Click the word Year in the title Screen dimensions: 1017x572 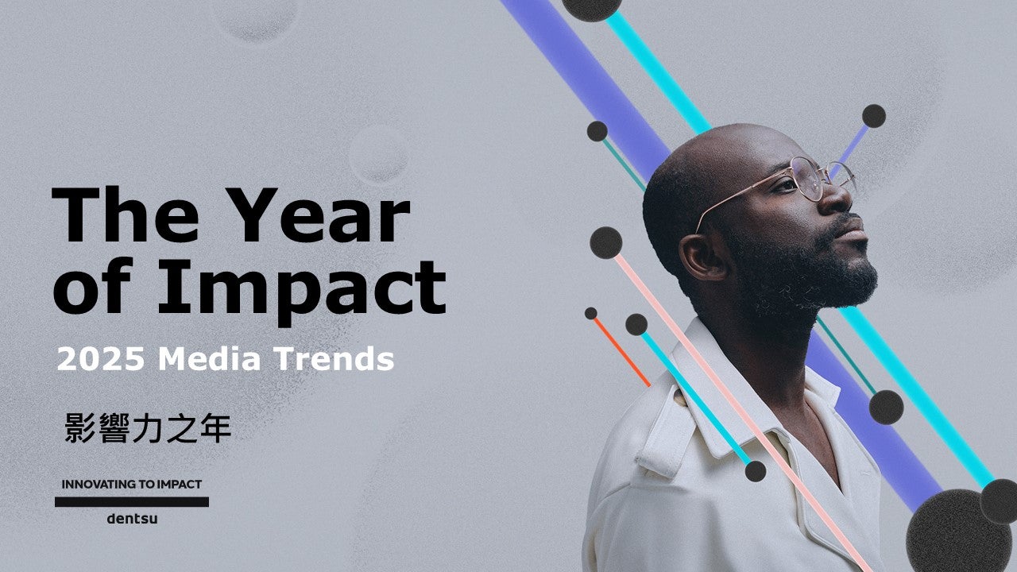coord(323,214)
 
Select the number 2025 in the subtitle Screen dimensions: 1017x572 coord(101,359)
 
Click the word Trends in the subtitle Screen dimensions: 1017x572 coord(334,359)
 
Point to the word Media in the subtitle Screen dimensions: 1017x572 coord(209,359)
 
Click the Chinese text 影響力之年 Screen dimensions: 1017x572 coord(148,428)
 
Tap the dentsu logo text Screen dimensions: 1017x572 coord(132,519)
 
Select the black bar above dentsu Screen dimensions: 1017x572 coord(132,501)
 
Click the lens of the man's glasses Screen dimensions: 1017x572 coord(807,179)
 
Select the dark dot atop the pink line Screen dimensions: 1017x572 coord(606,243)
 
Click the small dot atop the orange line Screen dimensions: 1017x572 coord(590,313)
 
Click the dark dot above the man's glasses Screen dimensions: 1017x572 coord(874,116)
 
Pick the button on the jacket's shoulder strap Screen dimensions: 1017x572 coord(679,398)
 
